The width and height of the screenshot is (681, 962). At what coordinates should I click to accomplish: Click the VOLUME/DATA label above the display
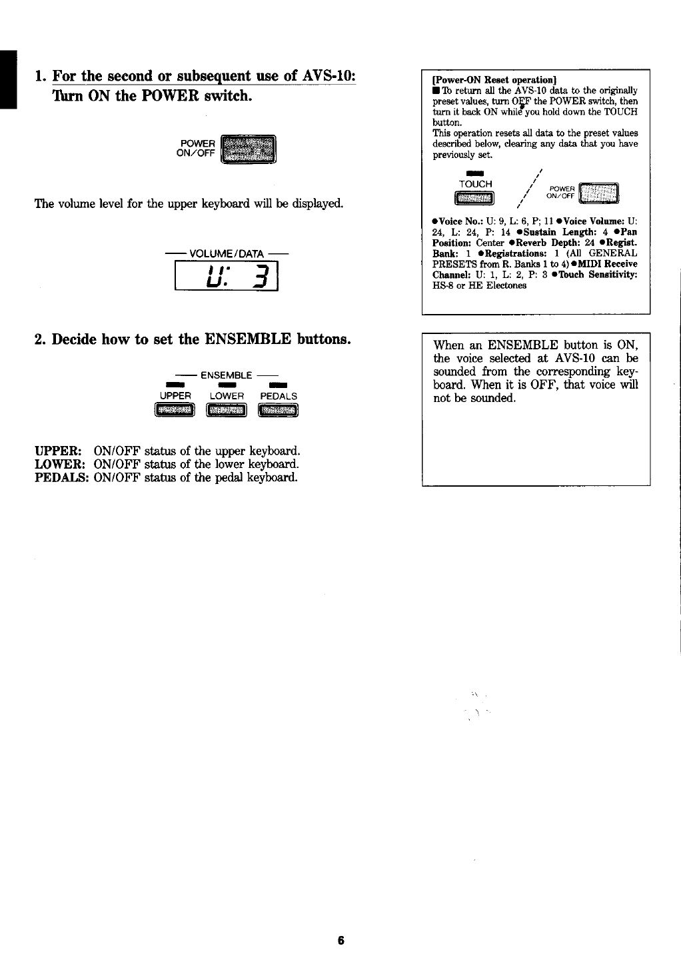(227, 253)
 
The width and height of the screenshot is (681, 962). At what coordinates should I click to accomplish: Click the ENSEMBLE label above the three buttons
(227, 375)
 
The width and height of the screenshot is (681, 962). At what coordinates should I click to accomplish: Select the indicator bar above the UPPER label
(175, 385)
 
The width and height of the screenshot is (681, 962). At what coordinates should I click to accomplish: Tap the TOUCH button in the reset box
(474, 198)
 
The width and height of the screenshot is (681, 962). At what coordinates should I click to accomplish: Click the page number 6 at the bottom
(340, 941)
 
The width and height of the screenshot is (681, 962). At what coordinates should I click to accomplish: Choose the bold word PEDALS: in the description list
(62, 477)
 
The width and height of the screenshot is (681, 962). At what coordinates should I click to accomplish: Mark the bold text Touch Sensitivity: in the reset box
(599, 275)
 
